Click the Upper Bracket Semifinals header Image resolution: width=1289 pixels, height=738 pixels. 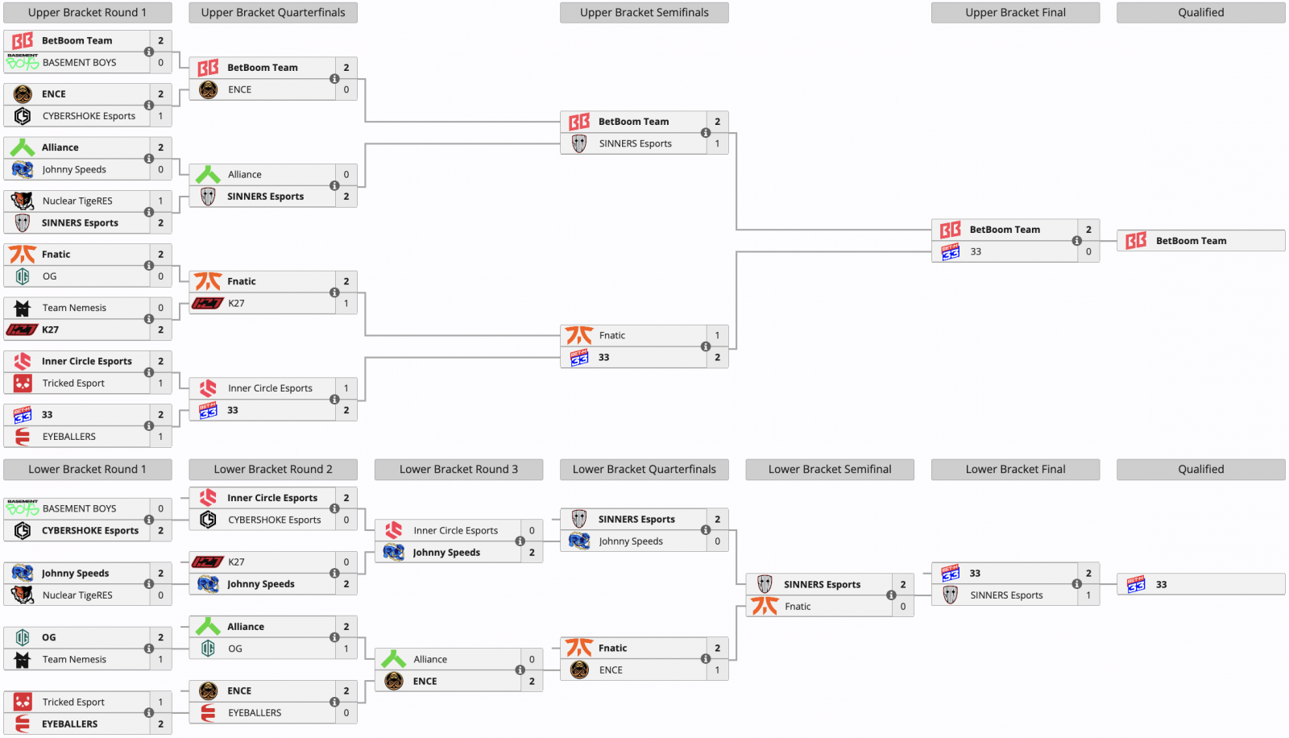(x=644, y=13)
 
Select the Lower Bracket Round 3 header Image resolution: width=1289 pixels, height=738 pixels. (x=458, y=470)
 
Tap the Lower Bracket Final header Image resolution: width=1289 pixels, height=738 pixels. (x=1015, y=470)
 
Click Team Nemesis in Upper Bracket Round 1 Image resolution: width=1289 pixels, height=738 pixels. (x=74, y=308)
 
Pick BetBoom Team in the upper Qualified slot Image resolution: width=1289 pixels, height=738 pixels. (x=1191, y=241)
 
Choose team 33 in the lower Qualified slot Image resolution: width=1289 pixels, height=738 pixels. (x=1161, y=585)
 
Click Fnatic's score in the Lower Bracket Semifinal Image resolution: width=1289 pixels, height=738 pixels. (x=903, y=607)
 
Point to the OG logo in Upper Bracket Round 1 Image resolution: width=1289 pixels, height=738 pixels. (x=23, y=276)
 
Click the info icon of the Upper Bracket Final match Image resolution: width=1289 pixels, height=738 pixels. (x=1076, y=241)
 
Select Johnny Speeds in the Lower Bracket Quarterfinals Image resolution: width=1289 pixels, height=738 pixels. (x=631, y=541)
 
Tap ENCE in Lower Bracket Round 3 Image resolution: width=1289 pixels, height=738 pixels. (x=425, y=682)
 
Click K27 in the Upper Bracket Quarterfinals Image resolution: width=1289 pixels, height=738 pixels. (x=236, y=304)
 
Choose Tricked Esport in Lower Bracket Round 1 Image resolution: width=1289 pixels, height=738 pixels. (x=73, y=703)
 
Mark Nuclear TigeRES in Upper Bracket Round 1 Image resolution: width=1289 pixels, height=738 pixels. (x=77, y=201)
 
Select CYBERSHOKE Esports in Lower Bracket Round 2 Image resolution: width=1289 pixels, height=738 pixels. (x=274, y=520)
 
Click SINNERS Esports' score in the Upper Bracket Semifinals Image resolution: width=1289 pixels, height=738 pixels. (x=717, y=144)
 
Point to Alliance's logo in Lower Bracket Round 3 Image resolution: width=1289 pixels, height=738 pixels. (x=394, y=659)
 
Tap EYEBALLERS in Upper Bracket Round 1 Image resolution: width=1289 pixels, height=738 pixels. (x=69, y=437)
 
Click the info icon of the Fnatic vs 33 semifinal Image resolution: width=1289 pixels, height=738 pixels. (x=706, y=346)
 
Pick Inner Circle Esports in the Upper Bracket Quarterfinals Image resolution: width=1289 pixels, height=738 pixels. (x=270, y=388)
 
